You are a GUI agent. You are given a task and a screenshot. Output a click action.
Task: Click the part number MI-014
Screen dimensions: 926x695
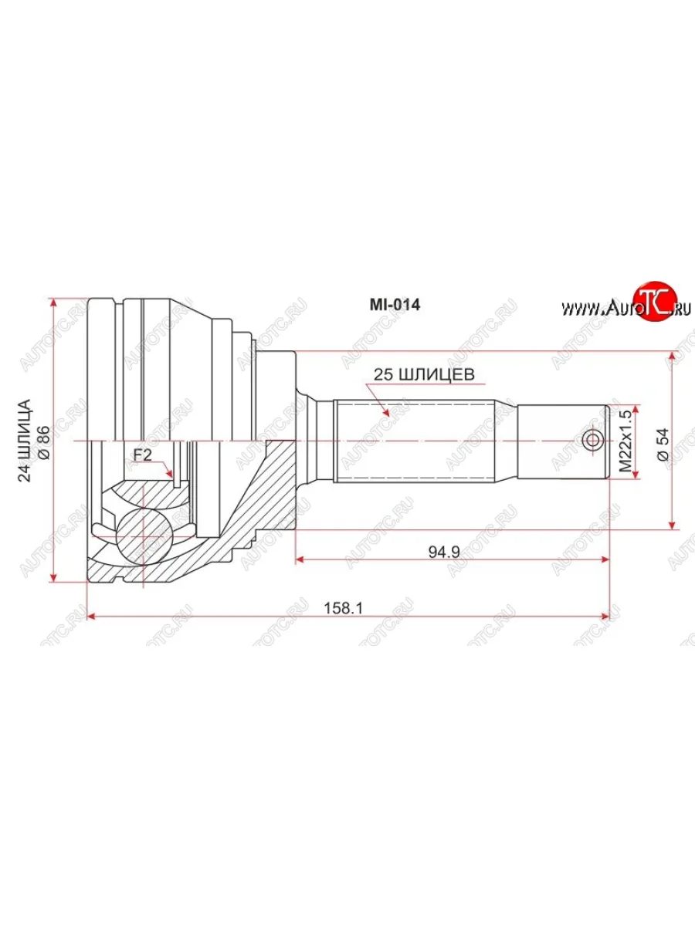(x=393, y=305)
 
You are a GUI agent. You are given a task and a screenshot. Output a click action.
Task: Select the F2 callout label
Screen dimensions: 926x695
(x=142, y=455)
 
